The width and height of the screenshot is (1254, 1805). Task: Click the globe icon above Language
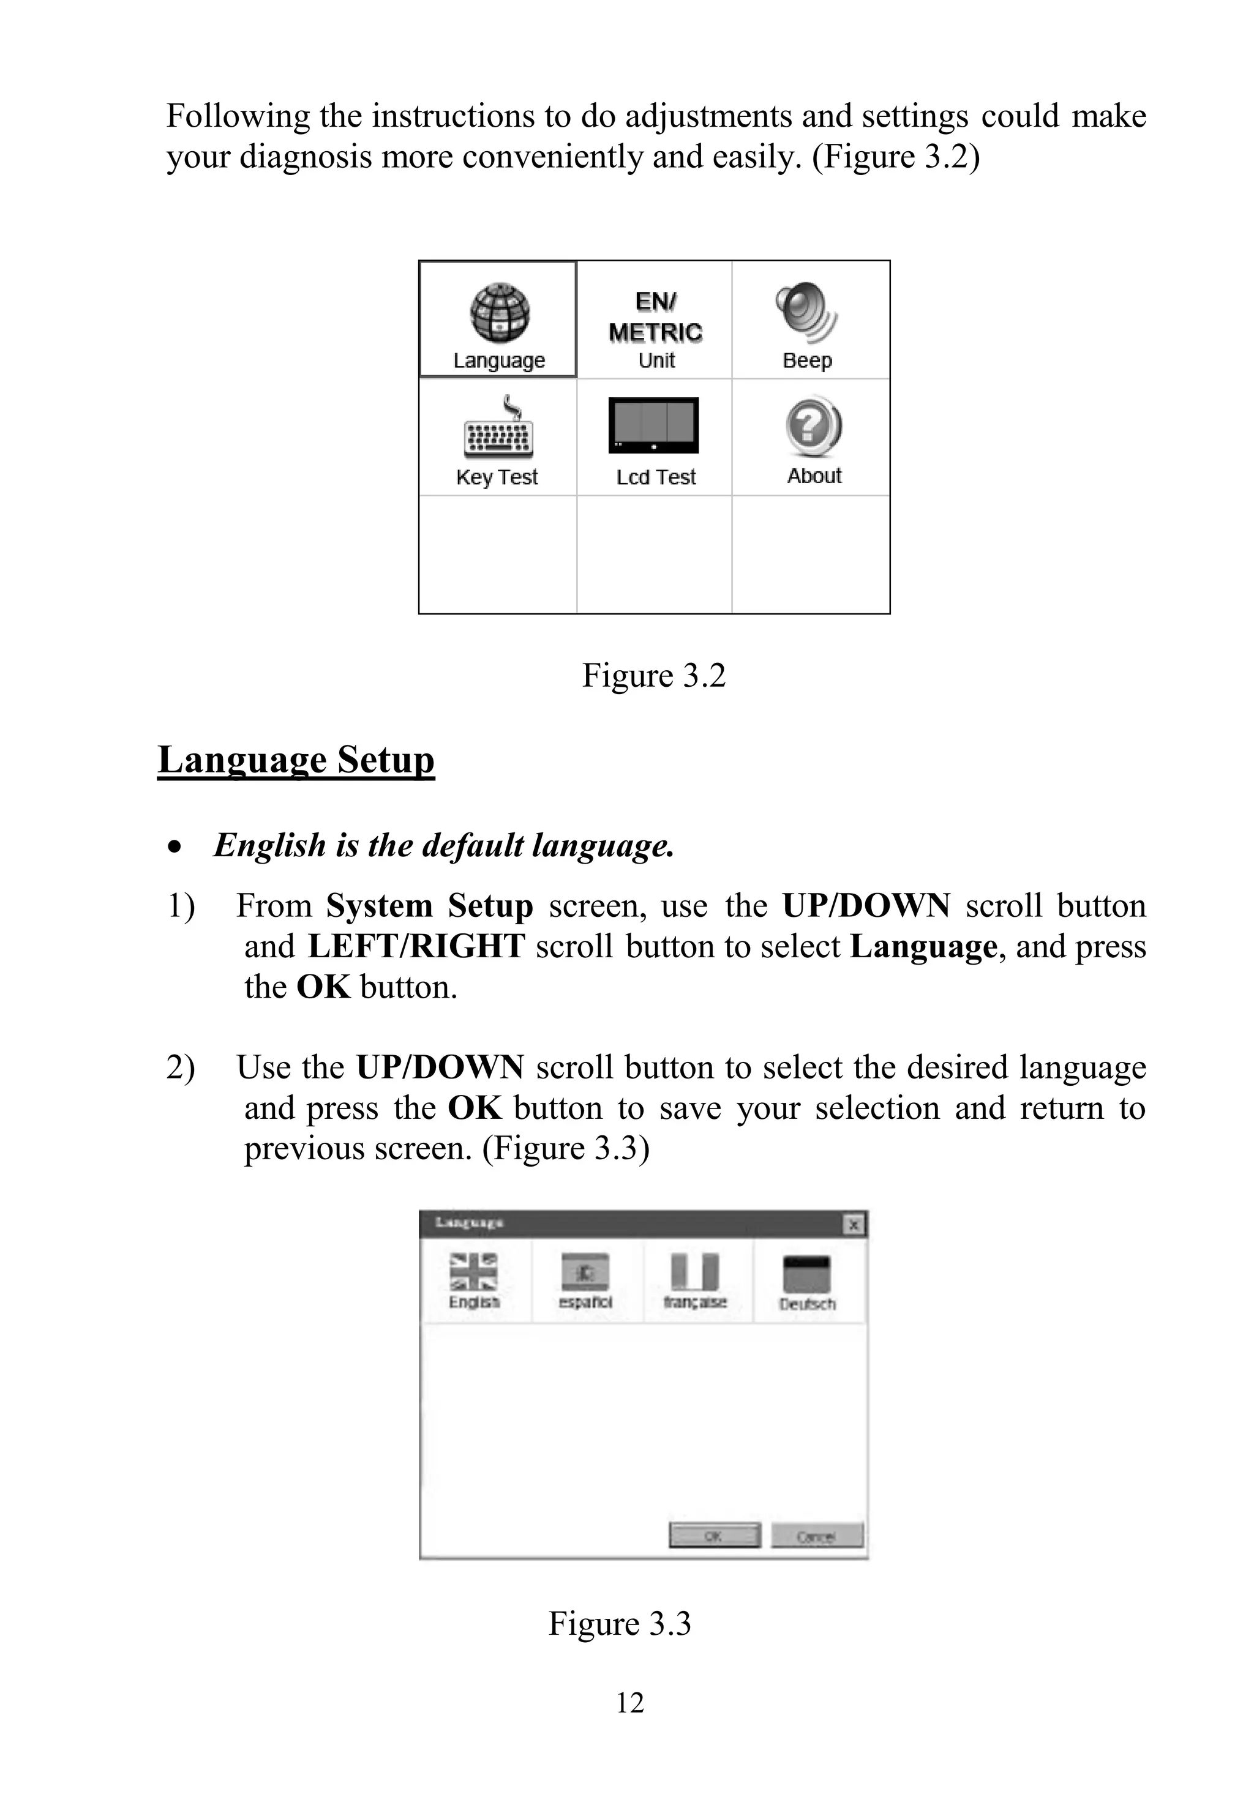[x=500, y=313]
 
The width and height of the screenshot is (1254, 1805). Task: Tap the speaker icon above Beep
[x=806, y=313]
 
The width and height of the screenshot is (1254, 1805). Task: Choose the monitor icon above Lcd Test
[x=654, y=425]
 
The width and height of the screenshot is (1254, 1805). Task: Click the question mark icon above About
[x=813, y=427]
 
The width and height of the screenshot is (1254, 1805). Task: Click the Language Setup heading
[x=296, y=760]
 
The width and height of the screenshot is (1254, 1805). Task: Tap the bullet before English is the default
[x=175, y=846]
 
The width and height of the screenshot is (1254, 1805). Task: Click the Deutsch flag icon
[x=807, y=1273]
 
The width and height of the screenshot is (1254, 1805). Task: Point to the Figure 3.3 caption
[x=619, y=1623]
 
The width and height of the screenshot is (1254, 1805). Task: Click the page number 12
[x=629, y=1702]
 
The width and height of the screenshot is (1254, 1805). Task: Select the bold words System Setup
[x=430, y=906]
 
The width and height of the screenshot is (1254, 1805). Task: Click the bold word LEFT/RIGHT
[x=416, y=946]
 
